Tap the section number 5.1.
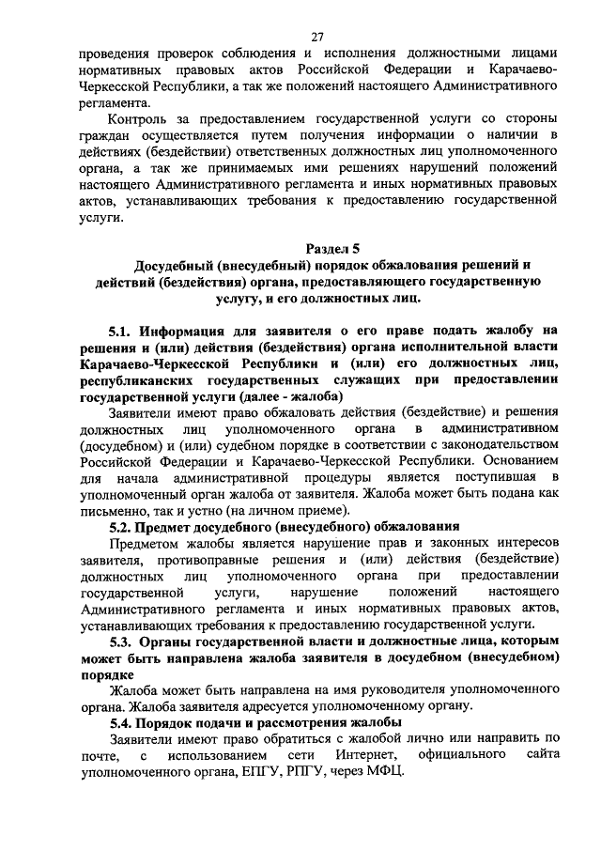[x=122, y=330]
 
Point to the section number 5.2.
[x=122, y=526]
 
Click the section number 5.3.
[x=122, y=641]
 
